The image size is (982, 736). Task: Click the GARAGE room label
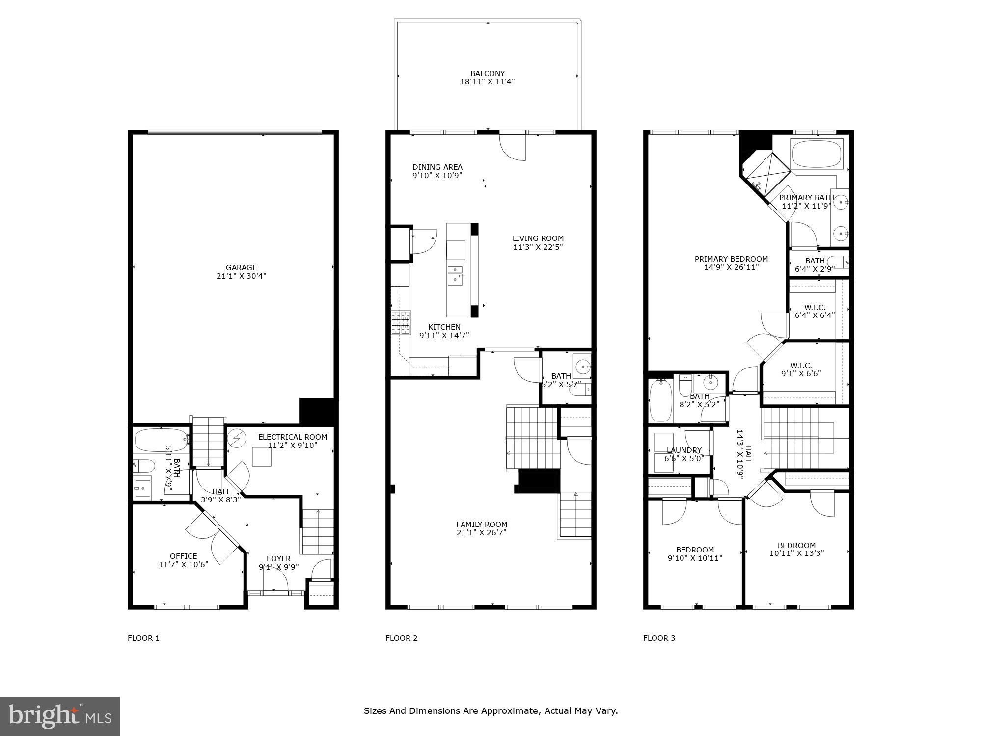coord(241,268)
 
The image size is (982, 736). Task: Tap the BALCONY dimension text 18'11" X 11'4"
coord(487,82)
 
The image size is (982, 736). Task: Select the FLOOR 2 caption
coord(401,638)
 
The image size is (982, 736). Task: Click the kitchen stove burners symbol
coord(401,323)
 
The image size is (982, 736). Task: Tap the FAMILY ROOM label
coord(481,524)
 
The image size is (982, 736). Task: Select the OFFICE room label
coord(183,556)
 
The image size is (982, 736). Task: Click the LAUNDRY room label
coord(684,450)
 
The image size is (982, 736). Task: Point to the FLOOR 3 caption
coord(659,638)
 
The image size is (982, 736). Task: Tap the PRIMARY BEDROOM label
coord(731,259)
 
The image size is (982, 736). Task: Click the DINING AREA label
coord(437,167)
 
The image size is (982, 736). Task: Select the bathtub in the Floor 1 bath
coord(161,440)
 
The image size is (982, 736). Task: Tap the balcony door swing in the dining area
coord(513,147)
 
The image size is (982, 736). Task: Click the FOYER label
coord(278,558)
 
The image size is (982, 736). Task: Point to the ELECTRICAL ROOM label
coord(292,437)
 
